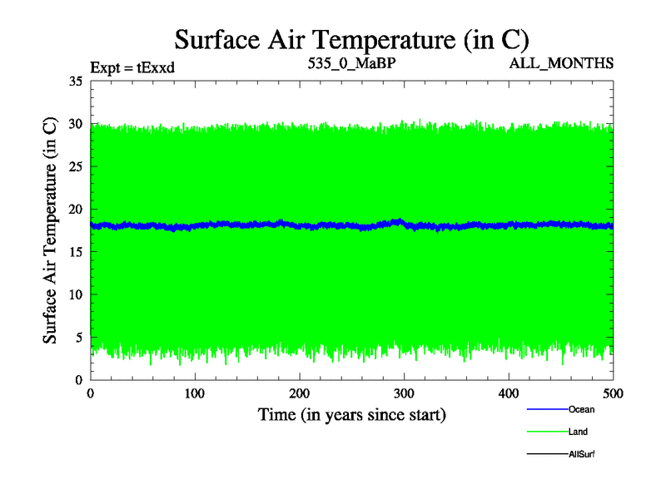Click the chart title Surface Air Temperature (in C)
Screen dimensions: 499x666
point(351,39)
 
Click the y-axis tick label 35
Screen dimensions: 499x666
point(75,82)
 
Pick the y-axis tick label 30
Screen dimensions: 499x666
point(75,124)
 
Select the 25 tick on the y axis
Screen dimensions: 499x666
point(75,166)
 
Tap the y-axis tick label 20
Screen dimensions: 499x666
point(75,210)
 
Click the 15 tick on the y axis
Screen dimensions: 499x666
point(75,252)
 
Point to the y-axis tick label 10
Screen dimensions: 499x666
point(75,294)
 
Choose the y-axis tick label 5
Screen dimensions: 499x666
point(78,337)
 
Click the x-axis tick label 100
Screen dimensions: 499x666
point(195,393)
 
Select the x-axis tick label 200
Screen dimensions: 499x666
point(300,393)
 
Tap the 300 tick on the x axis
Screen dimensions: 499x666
point(404,393)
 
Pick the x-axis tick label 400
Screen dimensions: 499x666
point(509,393)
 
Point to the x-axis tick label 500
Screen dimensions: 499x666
point(613,393)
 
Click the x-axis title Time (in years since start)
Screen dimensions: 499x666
point(351,414)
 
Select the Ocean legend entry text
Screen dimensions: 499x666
point(581,409)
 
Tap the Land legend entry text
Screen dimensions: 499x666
point(579,432)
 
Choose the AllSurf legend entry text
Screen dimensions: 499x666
point(581,454)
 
